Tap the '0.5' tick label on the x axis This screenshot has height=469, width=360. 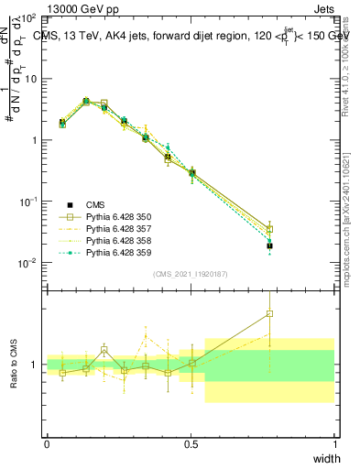(191, 444)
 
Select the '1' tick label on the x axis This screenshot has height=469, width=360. (335, 444)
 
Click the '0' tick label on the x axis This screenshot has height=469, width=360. (47, 444)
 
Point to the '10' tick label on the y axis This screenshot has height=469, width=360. (30, 79)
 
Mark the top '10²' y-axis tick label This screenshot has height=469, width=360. (29, 17)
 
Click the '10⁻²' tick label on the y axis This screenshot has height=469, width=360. (28, 263)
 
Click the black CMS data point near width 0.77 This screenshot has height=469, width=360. (269, 246)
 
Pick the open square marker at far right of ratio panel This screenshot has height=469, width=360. (269, 314)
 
